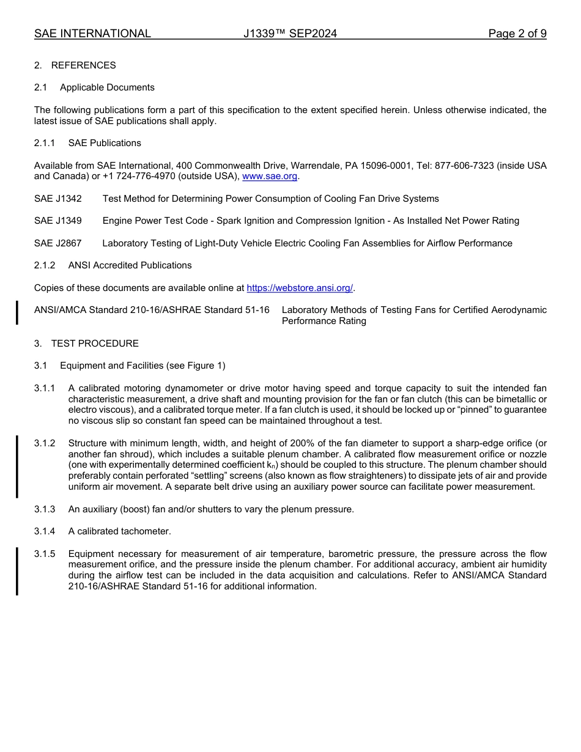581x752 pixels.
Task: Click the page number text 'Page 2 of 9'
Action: tap(517, 34)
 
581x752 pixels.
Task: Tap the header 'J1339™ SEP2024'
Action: tap(290, 34)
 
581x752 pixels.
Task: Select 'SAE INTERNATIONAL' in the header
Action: tap(92, 34)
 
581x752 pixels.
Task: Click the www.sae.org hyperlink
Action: tap(270, 177)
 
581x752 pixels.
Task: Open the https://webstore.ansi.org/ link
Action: tap(300, 288)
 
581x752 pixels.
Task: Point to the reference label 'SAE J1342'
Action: tap(58, 199)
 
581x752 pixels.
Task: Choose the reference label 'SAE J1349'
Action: tap(58, 221)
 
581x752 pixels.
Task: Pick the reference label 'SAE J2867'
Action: tap(58, 243)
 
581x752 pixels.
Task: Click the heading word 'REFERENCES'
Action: tap(83, 65)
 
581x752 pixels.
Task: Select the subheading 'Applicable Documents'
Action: tap(107, 87)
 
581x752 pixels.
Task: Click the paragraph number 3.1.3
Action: tap(45, 509)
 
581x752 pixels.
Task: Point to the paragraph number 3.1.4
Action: tap(45, 531)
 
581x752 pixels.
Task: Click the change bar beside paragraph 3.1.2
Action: tap(17, 466)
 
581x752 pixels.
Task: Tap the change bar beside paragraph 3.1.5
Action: tap(17, 570)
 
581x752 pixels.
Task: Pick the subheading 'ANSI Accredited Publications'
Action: tap(130, 265)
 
